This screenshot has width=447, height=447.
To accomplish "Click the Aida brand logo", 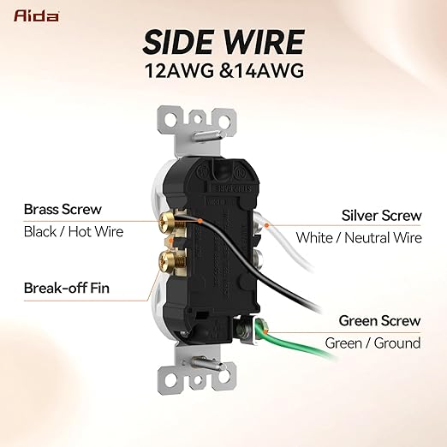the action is click(x=36, y=15).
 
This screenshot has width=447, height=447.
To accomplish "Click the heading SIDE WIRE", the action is click(x=223, y=42).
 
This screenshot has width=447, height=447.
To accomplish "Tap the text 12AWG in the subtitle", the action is click(x=179, y=70).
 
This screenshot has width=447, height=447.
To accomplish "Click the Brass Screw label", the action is click(x=63, y=209).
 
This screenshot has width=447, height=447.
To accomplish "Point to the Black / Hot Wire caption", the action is click(x=74, y=231).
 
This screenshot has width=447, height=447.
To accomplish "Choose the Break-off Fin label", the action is click(x=67, y=288).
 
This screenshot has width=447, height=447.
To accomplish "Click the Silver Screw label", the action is click(x=381, y=215).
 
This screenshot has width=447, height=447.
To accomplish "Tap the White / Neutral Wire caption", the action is click(x=359, y=238).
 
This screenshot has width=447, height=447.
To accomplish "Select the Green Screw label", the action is click(x=379, y=320).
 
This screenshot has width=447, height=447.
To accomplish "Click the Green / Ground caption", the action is click(x=372, y=343).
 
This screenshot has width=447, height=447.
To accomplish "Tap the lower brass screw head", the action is click(x=165, y=260).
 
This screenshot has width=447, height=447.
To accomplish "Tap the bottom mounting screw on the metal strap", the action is click(x=206, y=363).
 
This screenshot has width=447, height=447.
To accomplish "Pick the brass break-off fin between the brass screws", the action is click(x=170, y=241).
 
